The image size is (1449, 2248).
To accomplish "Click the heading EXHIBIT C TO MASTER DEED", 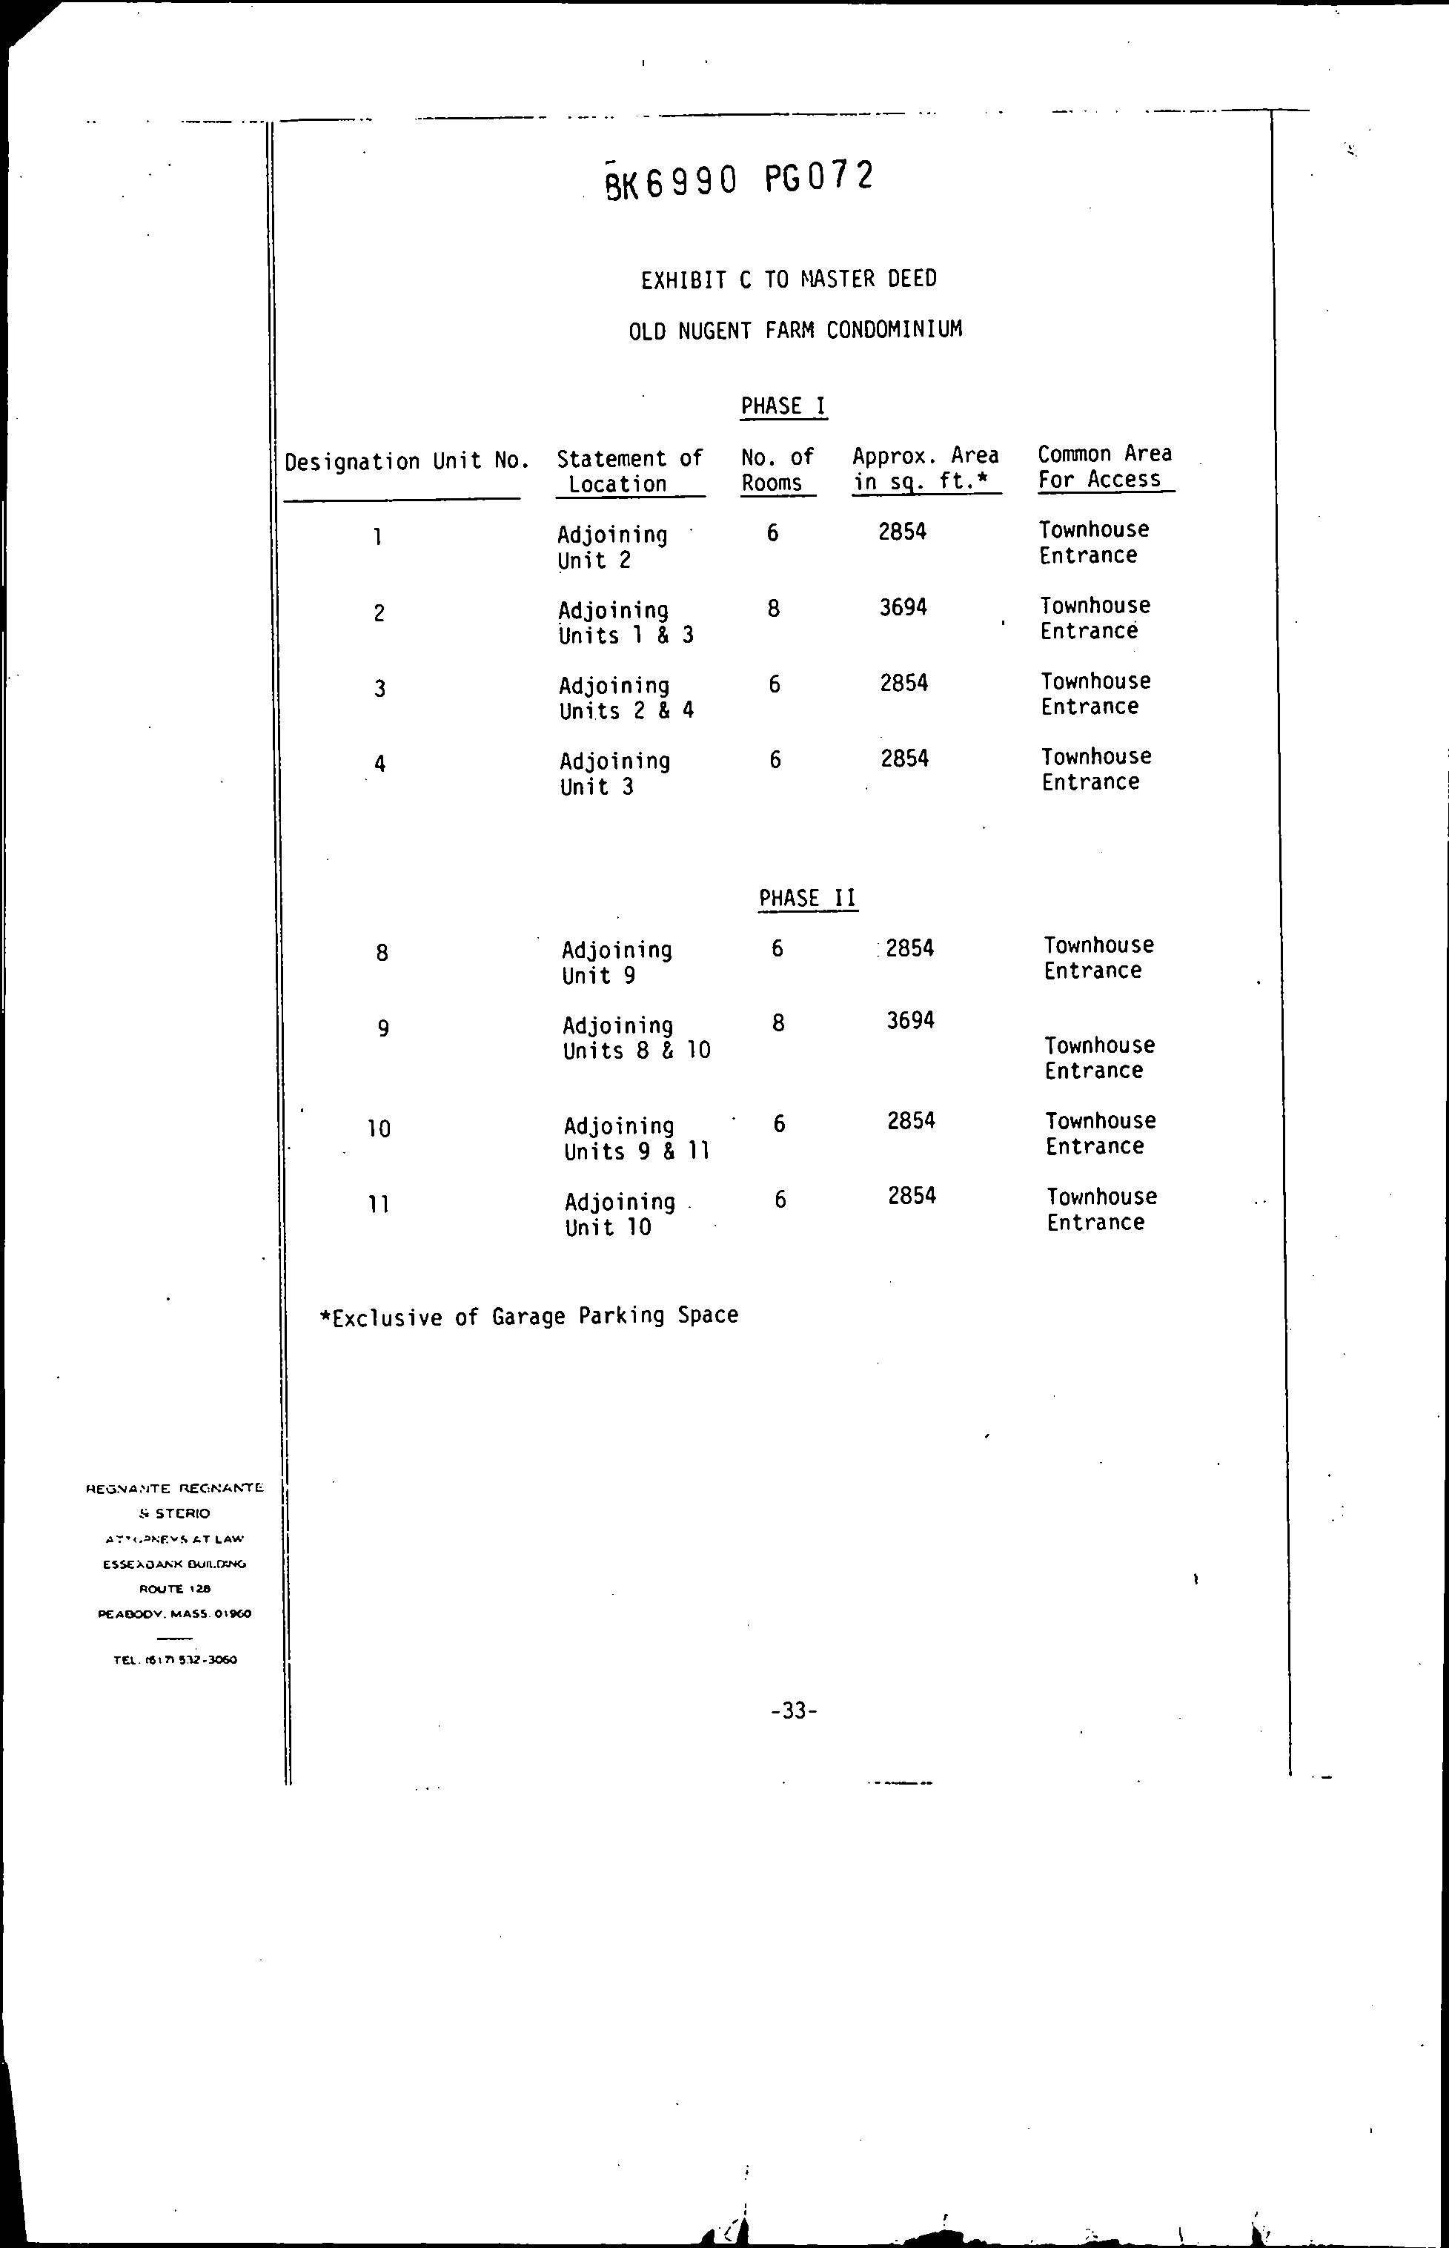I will [x=789, y=280].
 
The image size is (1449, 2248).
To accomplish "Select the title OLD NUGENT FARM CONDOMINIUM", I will [x=795, y=330].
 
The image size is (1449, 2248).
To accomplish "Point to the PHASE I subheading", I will [x=783, y=406].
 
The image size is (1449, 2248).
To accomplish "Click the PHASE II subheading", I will [x=807, y=899].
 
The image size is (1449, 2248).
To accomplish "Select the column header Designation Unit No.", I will [x=406, y=462].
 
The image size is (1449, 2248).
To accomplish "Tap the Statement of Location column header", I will [x=629, y=472].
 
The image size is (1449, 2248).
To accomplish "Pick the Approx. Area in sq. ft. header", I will [x=925, y=469].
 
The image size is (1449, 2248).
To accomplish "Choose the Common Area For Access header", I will [x=1104, y=466].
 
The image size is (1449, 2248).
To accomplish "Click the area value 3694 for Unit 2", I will [x=903, y=608].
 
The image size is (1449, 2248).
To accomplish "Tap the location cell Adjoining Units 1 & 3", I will [x=626, y=623].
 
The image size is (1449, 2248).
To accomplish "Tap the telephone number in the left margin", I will [x=175, y=1661].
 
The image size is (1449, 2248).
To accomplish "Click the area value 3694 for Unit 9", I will [x=910, y=1021].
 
